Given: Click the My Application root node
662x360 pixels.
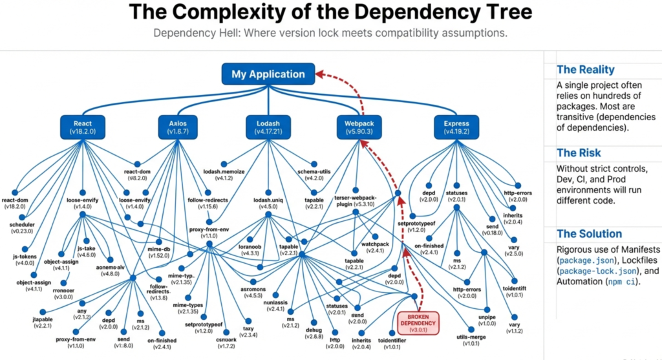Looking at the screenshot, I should (268, 74).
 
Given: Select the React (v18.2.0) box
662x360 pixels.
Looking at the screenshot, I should (83, 127).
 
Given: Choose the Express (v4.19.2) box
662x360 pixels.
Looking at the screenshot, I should (456, 127).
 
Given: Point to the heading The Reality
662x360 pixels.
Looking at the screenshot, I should (586, 70).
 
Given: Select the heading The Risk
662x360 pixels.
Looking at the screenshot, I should (579, 153).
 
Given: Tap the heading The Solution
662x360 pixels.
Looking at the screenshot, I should (589, 234).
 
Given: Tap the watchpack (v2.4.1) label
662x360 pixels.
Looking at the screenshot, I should (375, 248).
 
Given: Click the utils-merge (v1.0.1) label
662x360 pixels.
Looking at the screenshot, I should (457, 339).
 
